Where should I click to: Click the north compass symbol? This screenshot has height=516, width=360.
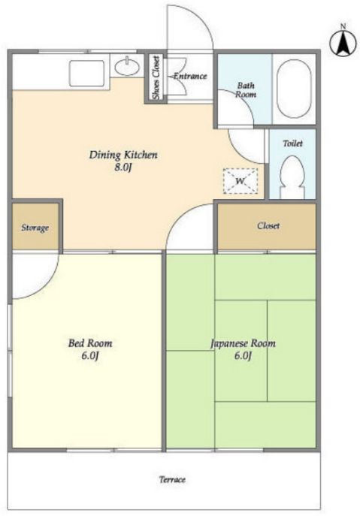click(343, 43)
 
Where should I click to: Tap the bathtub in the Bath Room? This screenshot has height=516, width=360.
click(293, 89)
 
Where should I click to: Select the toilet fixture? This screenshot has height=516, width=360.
click(292, 177)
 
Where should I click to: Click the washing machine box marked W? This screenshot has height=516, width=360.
click(241, 181)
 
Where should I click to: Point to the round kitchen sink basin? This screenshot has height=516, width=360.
click(127, 66)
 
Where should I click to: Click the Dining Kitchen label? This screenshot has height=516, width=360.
click(123, 155)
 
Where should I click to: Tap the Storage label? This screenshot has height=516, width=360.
click(35, 228)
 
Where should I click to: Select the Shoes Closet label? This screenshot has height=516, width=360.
click(156, 77)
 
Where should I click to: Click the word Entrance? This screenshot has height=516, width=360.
click(190, 76)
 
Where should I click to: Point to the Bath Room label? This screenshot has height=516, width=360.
click(245, 90)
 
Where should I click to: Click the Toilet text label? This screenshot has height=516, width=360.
click(292, 143)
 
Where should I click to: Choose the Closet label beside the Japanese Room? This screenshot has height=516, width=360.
click(268, 226)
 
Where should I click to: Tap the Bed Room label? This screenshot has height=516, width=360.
click(90, 343)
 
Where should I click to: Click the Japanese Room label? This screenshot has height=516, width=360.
click(243, 343)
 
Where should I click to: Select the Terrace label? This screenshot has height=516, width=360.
click(172, 479)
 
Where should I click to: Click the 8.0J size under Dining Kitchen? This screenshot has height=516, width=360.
click(123, 167)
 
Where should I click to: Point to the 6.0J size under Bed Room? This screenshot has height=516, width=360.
click(90, 356)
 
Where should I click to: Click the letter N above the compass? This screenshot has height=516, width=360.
click(343, 26)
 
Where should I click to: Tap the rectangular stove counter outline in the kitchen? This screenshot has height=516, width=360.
click(87, 73)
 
